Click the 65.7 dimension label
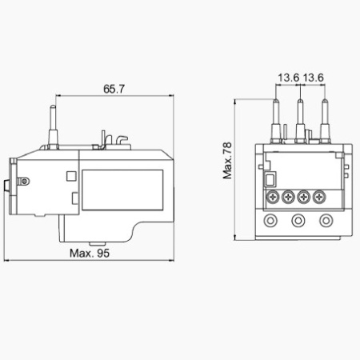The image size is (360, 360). click(114, 89)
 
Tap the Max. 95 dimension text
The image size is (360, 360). click(90, 253)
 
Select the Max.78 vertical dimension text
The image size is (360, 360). click(227, 160)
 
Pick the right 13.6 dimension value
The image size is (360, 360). click(313, 78)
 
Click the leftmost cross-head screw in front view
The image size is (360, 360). click(273, 198)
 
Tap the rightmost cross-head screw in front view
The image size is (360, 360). click(319, 198)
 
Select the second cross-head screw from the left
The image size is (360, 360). click(288, 198)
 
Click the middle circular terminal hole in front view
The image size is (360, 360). click(298, 221)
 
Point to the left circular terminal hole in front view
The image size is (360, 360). click(270, 221)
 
